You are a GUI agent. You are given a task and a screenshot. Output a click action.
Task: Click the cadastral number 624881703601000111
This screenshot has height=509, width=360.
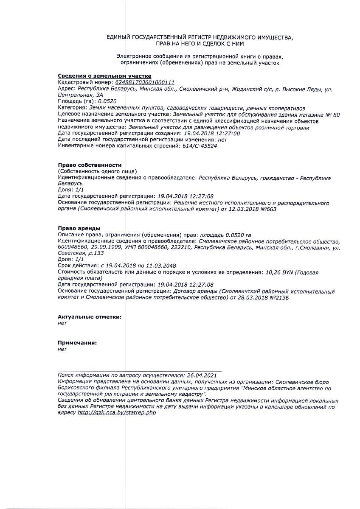[145, 82]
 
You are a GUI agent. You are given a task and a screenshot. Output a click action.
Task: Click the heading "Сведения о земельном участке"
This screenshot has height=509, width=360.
[98, 76]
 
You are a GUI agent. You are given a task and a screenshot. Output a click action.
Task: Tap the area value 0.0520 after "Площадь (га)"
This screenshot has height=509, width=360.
[107, 101]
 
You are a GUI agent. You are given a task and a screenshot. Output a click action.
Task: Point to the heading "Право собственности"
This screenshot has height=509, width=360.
[90, 165]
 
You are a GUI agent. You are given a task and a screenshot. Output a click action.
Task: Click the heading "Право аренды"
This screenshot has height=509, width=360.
[79, 229]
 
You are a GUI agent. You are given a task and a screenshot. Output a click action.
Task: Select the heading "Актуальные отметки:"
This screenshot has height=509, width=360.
[90, 317]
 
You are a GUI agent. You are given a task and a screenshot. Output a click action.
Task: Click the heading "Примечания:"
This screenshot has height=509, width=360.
[77, 343]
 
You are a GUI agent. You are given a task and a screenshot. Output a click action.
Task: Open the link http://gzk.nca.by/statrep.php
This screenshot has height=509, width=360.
[117, 413]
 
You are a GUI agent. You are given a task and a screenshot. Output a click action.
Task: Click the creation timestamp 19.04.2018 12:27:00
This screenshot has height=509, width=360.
[210, 133]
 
